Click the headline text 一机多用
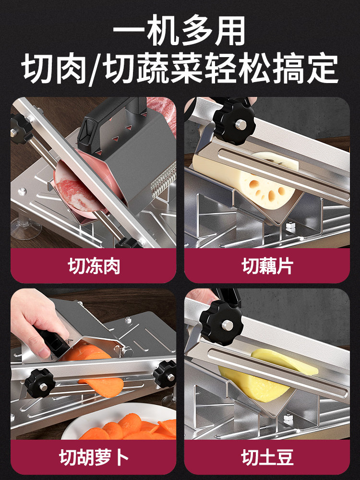[x=180, y=30]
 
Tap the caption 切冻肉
[x=94, y=266]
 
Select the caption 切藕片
[x=267, y=266]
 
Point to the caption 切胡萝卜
[x=94, y=457]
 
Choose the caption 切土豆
[x=267, y=457]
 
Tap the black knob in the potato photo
[x=221, y=323]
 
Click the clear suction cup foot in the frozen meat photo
[x=26, y=227]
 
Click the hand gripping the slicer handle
[x=37, y=323]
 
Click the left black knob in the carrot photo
[x=40, y=383]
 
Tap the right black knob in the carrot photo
[x=165, y=374]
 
